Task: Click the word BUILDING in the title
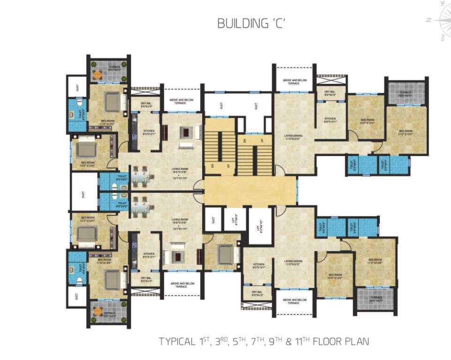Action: click(x=238, y=24)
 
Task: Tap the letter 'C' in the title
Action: click(x=275, y=24)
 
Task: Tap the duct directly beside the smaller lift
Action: click(x=213, y=218)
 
